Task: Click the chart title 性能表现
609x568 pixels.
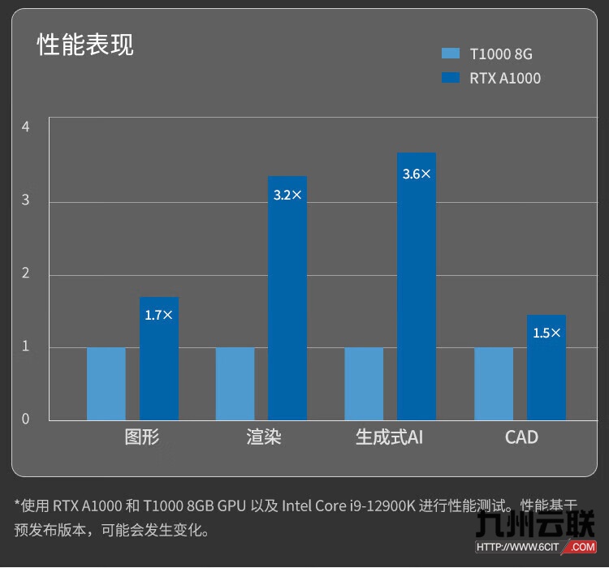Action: tap(85, 45)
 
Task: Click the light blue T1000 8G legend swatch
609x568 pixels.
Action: tap(451, 54)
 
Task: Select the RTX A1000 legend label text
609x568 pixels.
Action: tap(505, 79)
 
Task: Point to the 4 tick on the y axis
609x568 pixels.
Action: tap(26, 127)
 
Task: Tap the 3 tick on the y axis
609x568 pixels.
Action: tap(26, 200)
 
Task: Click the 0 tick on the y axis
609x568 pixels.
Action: tap(26, 419)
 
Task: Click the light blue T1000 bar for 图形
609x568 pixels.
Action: tap(106, 384)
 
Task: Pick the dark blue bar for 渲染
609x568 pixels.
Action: tap(287, 308)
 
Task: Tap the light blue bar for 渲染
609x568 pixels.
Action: tap(235, 384)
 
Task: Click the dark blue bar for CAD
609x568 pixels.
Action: tap(546, 373)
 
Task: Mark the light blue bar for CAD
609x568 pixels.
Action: tap(494, 384)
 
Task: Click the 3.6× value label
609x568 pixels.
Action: tap(417, 174)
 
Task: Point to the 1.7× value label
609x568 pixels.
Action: tap(159, 315)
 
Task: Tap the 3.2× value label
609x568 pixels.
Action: tap(287, 196)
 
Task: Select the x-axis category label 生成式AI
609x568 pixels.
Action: tap(390, 437)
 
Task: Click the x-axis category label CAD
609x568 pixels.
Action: tap(521, 437)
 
